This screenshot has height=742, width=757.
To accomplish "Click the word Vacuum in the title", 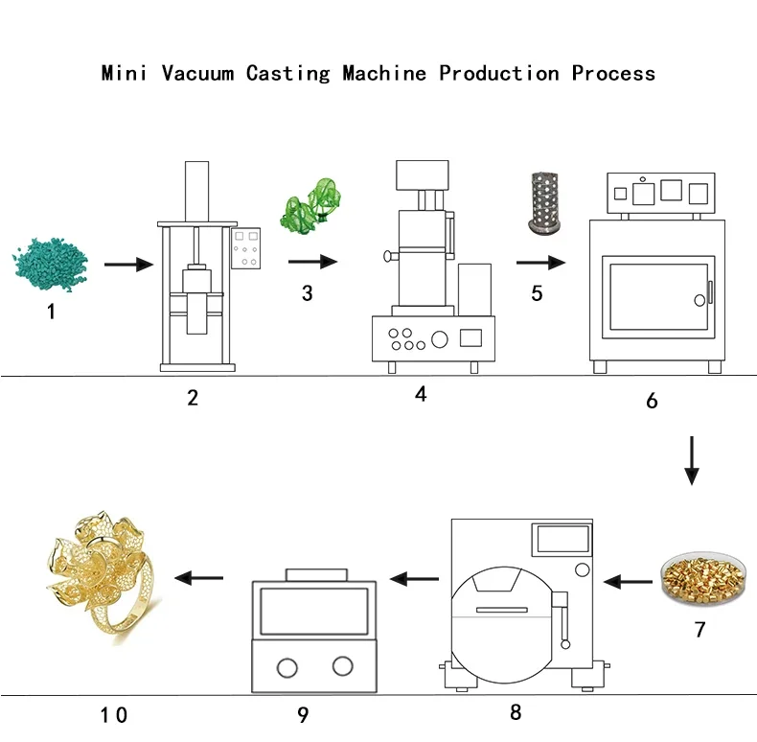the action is point(198,73).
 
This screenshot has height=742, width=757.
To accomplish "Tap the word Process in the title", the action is point(613,73).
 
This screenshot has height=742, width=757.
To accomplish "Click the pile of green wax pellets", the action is point(50,264).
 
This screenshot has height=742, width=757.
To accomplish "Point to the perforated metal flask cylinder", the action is point(544,203).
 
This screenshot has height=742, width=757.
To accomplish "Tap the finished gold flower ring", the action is point(103,578).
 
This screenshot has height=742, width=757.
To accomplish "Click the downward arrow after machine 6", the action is point(692,460).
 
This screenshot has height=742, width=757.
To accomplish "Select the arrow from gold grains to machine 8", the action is point(628,581).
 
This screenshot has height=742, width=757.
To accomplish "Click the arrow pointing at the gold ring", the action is point(199,577).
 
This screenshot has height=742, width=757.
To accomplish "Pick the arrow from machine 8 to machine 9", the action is point(414,578).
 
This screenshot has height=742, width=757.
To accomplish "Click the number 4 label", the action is point(421,394).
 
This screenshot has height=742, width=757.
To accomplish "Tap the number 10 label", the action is point(114,715).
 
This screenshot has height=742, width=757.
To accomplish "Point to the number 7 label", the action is point(700,629).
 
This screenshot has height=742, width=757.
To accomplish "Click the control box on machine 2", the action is point(245,248).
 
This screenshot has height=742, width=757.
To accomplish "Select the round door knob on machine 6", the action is point(700,300).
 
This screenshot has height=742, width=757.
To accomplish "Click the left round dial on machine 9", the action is point(287,668).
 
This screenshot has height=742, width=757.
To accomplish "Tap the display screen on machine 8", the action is point(562,539).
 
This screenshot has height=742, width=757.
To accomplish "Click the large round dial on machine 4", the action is point(439,339).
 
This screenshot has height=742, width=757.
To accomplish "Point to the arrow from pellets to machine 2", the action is point(129,265).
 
